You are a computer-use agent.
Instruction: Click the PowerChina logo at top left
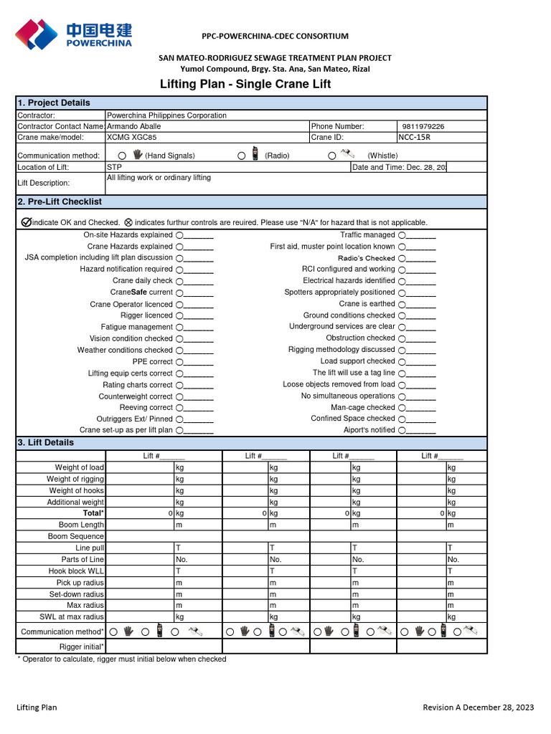coord(74,34)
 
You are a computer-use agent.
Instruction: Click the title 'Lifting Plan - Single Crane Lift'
coord(245,85)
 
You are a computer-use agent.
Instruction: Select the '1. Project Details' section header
coord(54,103)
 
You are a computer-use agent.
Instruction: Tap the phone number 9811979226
coord(423,126)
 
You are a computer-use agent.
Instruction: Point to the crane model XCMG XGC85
coord(131,137)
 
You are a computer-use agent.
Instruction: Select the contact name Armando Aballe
coord(133,126)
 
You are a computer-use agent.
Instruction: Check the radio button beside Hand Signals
coord(122,156)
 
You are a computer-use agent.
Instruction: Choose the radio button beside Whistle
coord(331,156)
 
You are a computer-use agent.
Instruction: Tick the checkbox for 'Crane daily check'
coord(179,281)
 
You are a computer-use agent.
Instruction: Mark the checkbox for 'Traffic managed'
coord(402,235)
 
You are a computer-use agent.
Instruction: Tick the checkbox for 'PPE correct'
coord(179,362)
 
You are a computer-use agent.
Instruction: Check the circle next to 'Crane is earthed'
coord(402,304)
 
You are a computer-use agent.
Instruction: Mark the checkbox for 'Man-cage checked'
coord(402,408)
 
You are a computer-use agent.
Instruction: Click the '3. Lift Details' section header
coord(45,442)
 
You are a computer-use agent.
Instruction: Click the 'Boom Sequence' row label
coord(76,536)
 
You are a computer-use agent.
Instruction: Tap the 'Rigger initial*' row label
coord(82,647)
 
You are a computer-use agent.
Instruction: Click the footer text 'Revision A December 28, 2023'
coord(479,707)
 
